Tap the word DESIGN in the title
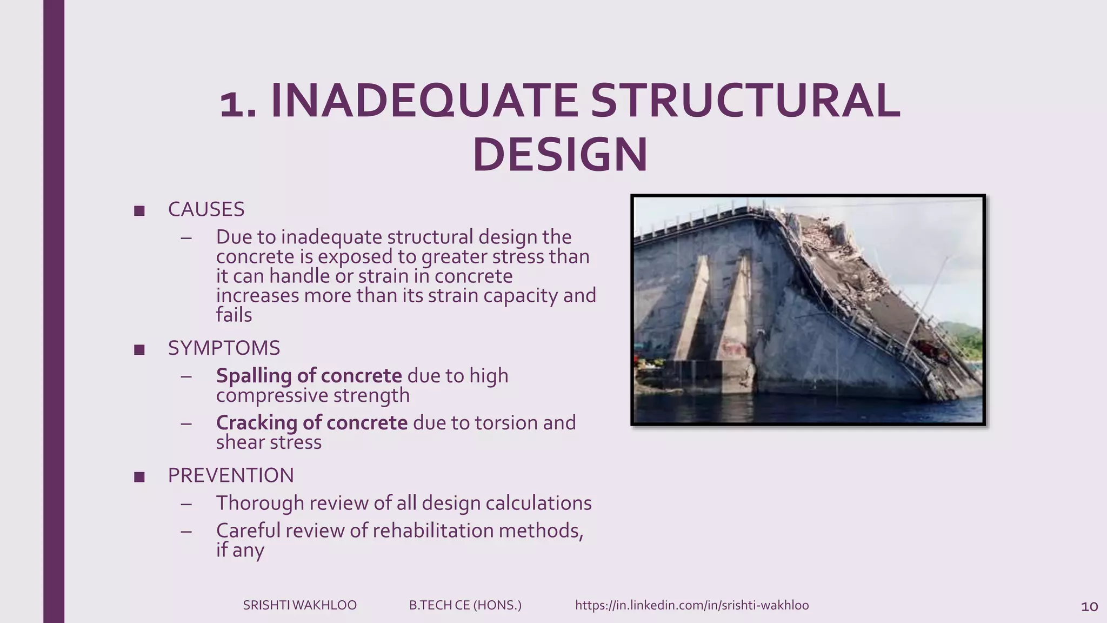[560, 155]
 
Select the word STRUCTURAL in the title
[745, 101]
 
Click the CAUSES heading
[206, 210]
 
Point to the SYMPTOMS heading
[224, 348]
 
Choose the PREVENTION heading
[231, 476]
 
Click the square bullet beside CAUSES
[139, 211]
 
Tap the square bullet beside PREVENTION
[139, 477]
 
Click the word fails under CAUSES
[234, 315]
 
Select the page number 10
[1089, 607]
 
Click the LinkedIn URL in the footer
[692, 605]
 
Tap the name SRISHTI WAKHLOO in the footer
[299, 605]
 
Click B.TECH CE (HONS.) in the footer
[465, 605]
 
